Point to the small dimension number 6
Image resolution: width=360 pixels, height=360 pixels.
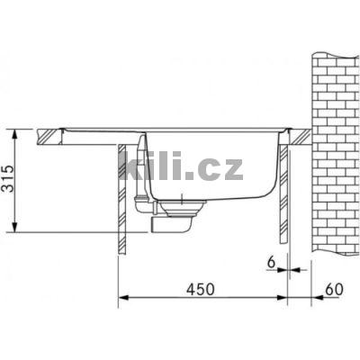[x=271, y=261]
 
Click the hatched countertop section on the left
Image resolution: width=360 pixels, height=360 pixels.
[x=49, y=138]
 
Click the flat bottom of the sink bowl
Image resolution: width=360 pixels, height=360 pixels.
[x=216, y=201]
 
